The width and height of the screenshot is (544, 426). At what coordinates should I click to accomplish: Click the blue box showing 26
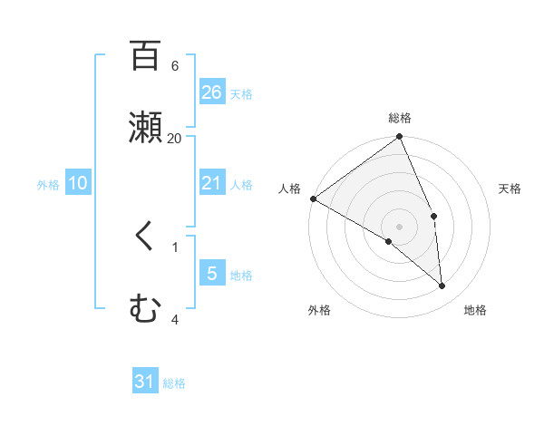[x=212, y=92]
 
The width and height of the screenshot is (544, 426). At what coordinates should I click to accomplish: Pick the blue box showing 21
[x=212, y=183]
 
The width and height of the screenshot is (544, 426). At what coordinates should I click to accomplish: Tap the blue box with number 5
[x=212, y=273]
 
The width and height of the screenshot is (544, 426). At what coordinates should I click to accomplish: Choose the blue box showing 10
[x=78, y=183]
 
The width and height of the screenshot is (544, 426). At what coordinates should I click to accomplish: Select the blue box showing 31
[x=145, y=382]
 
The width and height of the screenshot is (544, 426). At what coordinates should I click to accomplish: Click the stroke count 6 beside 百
[x=175, y=66]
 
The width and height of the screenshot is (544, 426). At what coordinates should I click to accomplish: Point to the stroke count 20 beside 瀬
[x=175, y=138]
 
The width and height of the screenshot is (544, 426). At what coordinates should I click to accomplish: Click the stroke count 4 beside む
[x=175, y=319]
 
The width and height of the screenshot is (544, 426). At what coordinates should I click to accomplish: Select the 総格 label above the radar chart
[x=400, y=118]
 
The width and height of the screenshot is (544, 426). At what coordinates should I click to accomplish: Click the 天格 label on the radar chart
[x=510, y=189]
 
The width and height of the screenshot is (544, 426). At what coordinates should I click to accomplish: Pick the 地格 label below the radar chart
[x=475, y=310]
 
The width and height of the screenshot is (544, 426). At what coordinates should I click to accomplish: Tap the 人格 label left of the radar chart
[x=289, y=189]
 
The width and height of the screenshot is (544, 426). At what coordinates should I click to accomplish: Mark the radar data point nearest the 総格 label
[x=400, y=138]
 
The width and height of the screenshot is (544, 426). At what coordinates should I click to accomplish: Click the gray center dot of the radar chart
[x=400, y=226]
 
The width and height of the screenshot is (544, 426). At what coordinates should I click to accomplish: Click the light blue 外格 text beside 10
[x=48, y=184]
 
